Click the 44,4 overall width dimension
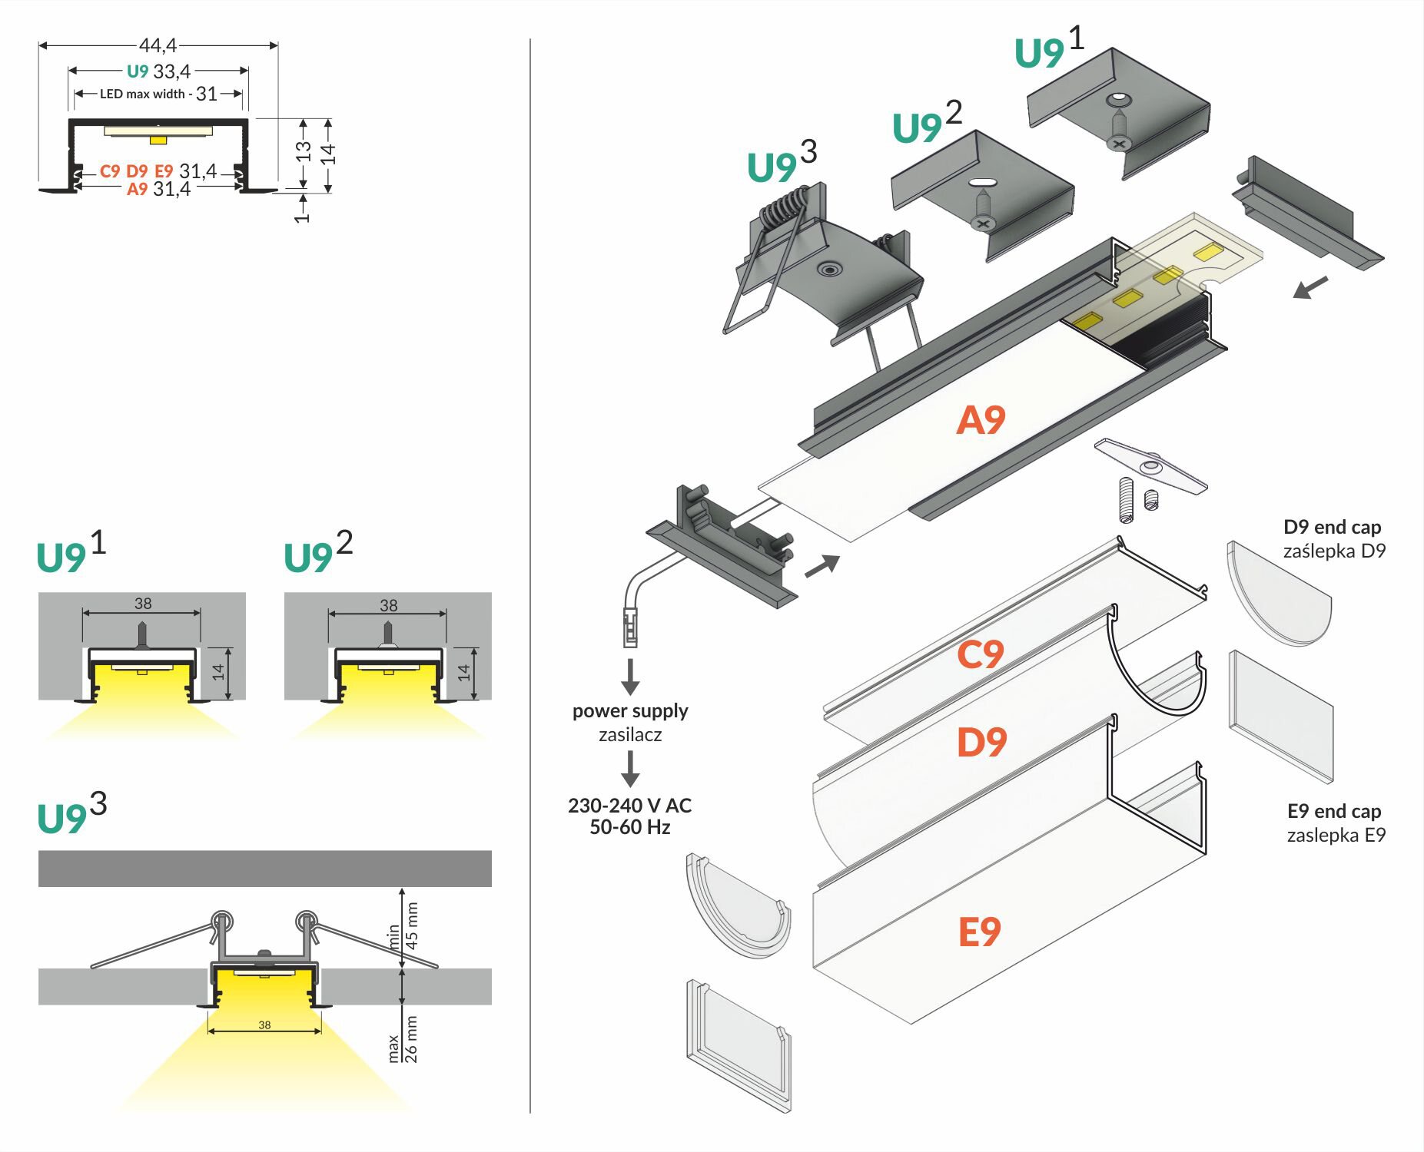click(x=158, y=46)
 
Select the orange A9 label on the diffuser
click(x=981, y=420)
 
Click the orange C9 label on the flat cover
click(x=980, y=654)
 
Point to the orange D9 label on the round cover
click(x=981, y=742)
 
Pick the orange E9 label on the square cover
click(x=979, y=932)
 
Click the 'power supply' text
click(x=630, y=710)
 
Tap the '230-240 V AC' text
click(x=629, y=806)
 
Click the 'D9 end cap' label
click(x=1332, y=527)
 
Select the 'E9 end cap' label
click(x=1334, y=811)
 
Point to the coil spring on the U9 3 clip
click(x=785, y=205)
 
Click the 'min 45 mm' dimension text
click(x=404, y=926)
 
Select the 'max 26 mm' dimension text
click(x=403, y=1038)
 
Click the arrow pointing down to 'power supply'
click(x=630, y=676)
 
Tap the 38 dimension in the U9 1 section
click(x=143, y=604)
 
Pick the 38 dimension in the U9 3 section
click(x=264, y=1025)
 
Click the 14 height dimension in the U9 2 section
click(x=463, y=673)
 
